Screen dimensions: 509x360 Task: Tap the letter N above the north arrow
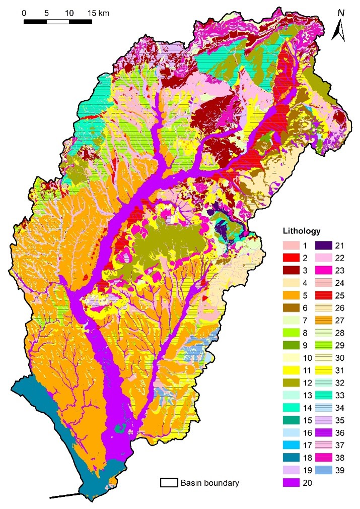click(341, 13)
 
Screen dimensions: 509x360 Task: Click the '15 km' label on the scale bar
click(97, 13)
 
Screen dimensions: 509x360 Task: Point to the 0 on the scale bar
click(24, 13)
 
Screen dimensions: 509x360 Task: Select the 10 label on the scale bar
click(69, 13)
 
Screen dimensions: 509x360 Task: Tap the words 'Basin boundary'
click(209, 483)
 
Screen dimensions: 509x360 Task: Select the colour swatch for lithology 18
click(289, 457)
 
